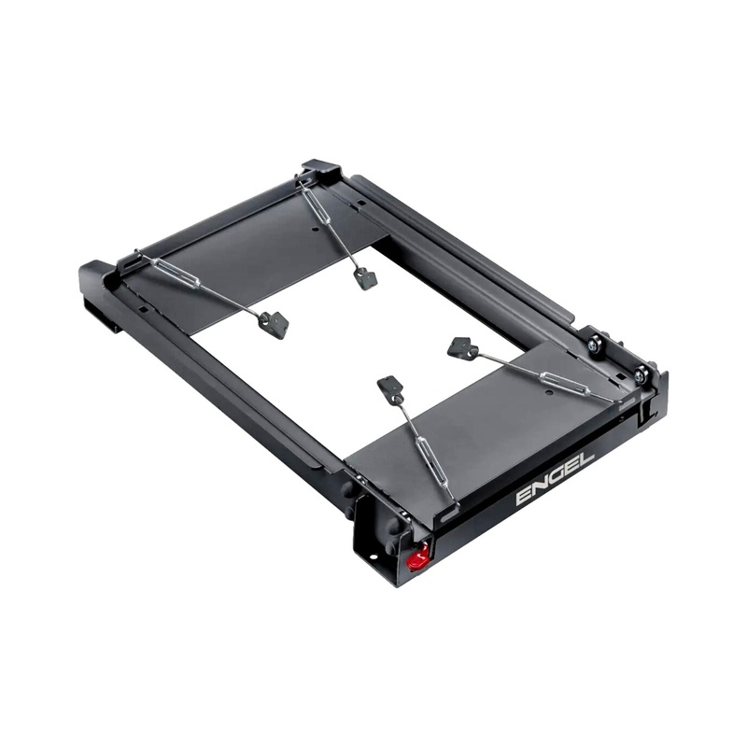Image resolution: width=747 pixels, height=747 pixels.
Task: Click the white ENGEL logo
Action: [555, 478]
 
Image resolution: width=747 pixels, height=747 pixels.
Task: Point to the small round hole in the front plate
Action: [549, 393]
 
